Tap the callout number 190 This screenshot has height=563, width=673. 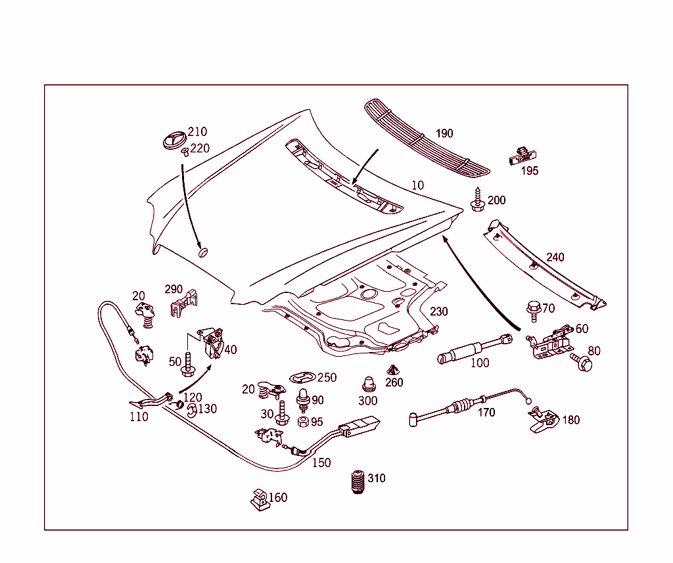pyautogui.click(x=444, y=133)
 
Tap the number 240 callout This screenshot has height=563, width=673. pyautogui.click(x=555, y=258)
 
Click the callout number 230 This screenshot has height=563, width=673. pyautogui.click(x=439, y=311)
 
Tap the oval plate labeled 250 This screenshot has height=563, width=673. pyautogui.click(x=303, y=378)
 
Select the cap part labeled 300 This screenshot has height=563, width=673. pyautogui.click(x=369, y=384)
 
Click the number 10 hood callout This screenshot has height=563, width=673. pyautogui.click(x=418, y=185)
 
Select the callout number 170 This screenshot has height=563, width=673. pyautogui.click(x=486, y=413)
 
